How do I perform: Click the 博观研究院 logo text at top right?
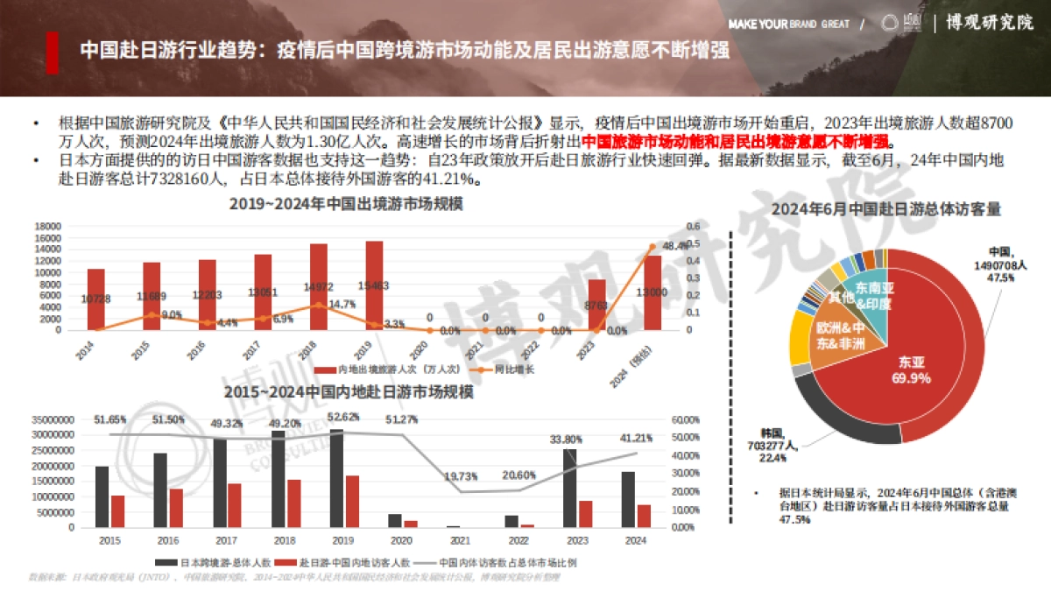pos(989,23)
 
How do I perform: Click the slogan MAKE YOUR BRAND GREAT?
pos(788,24)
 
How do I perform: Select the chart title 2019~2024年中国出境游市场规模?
pos(346,204)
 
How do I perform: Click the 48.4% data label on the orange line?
pos(674,246)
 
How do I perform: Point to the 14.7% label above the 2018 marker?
pos(342,304)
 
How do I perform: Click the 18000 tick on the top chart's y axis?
pos(47,226)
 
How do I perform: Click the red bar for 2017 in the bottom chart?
pos(234,505)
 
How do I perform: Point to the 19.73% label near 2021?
pos(461,475)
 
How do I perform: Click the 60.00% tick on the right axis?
pos(685,419)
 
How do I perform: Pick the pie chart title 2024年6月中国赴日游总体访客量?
pos(885,209)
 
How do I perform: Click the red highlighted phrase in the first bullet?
pos(736,142)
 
